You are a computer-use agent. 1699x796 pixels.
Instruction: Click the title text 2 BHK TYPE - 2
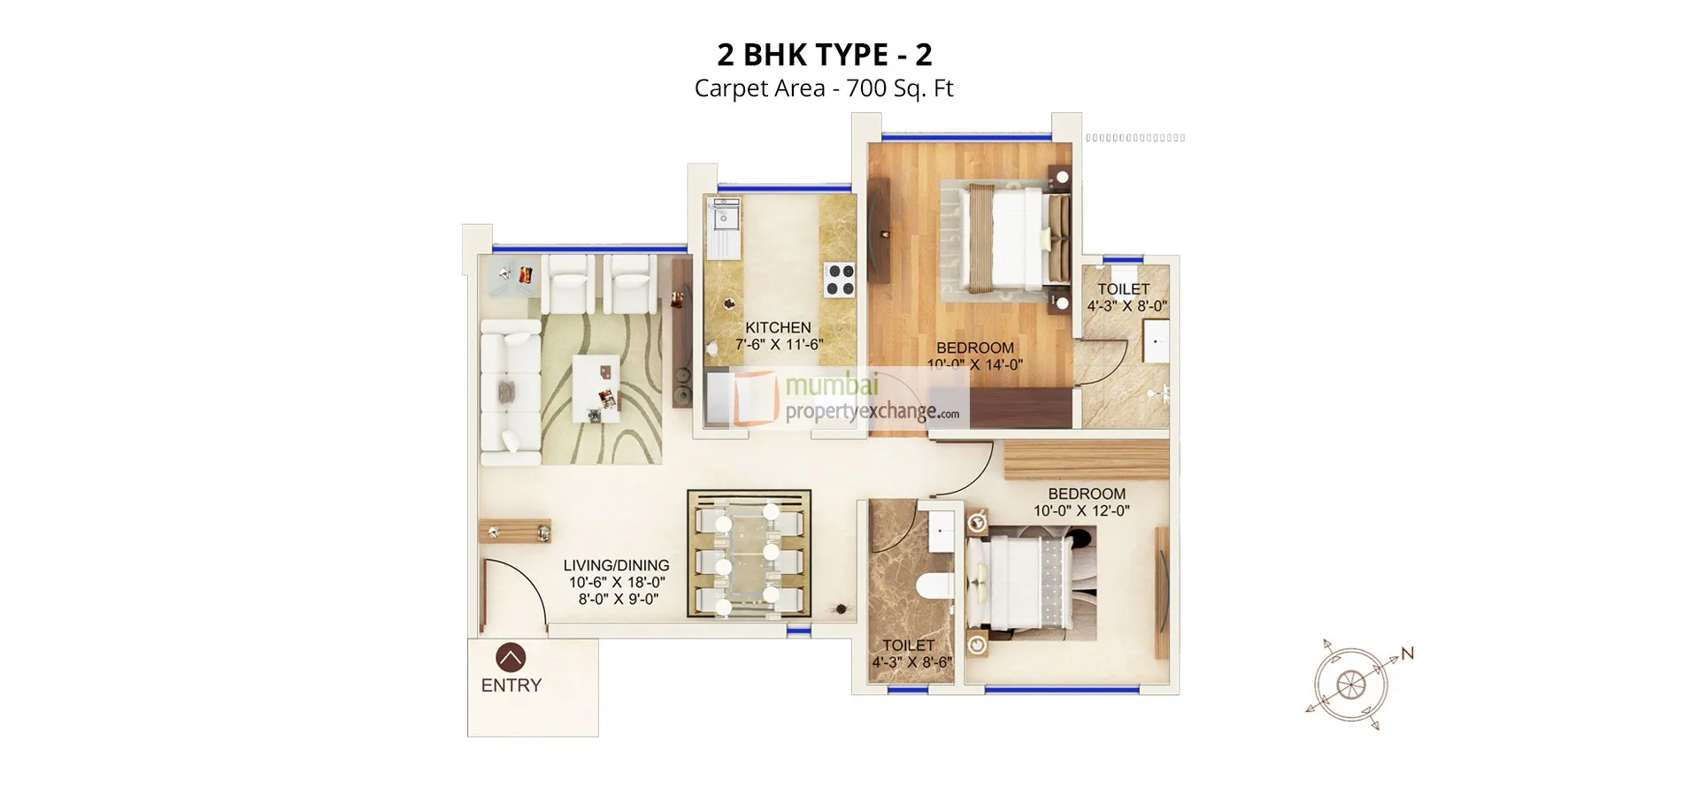click(x=824, y=55)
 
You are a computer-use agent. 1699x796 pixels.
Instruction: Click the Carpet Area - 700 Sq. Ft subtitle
click(x=824, y=88)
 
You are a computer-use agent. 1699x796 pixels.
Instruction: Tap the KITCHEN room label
click(x=778, y=327)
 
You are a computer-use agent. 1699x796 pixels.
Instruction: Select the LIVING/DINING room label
click(x=616, y=565)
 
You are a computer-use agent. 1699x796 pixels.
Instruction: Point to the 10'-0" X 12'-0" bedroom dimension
click(x=1081, y=511)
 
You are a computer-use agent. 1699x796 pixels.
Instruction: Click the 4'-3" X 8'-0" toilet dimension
click(x=1126, y=306)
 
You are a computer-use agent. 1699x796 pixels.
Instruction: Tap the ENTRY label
click(x=511, y=685)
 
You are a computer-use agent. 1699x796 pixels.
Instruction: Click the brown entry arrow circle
click(x=511, y=657)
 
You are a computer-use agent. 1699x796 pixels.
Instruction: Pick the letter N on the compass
click(x=1407, y=654)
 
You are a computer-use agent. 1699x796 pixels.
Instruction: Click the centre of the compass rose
click(x=1349, y=684)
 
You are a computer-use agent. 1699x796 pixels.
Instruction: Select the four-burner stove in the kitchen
click(x=840, y=279)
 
